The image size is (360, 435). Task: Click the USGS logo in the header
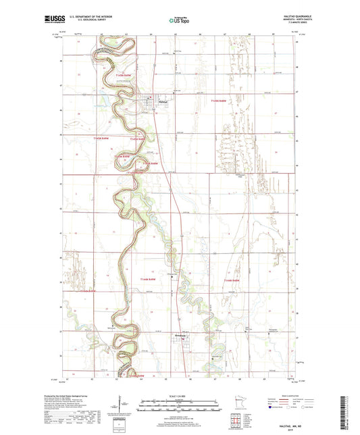[70, 21]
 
